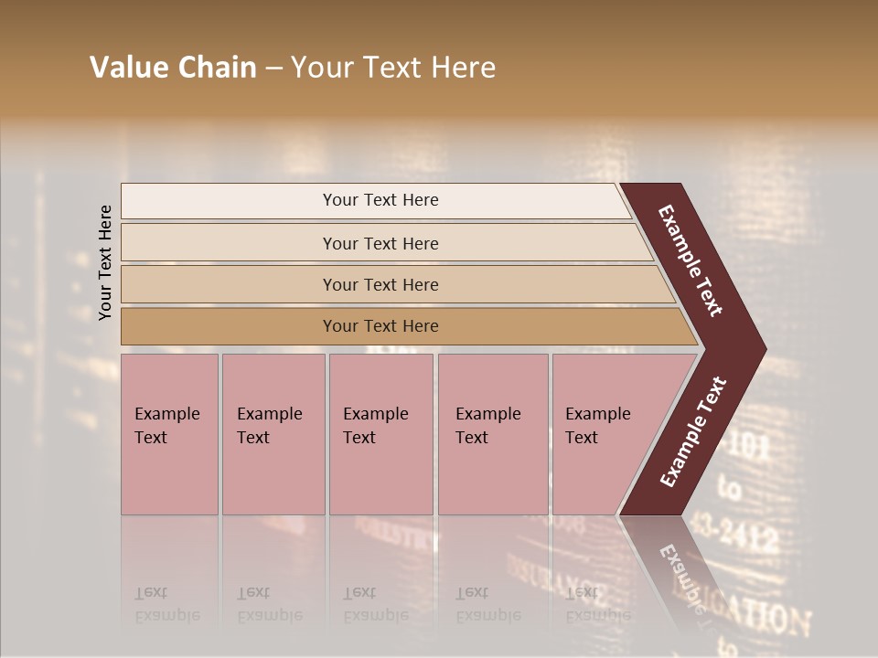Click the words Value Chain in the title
(173, 68)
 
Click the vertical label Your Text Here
(105, 262)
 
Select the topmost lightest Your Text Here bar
(380, 200)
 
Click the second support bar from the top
(380, 243)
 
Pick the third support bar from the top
(380, 284)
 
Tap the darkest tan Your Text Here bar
(380, 326)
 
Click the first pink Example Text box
(169, 434)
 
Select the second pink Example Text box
(273, 434)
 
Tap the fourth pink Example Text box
(492, 434)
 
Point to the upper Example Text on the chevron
(691, 261)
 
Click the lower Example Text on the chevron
(693, 431)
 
